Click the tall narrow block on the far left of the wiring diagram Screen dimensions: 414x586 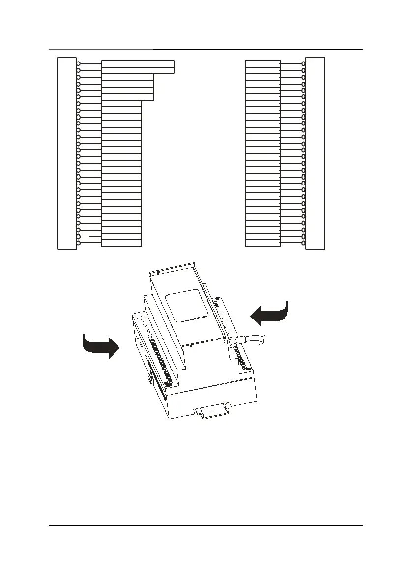click(67, 154)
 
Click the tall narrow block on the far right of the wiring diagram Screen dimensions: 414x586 click(315, 154)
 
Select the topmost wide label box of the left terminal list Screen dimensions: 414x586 click(138, 63)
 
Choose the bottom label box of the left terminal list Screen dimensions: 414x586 click(121, 243)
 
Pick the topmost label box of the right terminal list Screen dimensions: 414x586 click(263, 63)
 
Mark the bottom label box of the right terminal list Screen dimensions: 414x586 click(263, 243)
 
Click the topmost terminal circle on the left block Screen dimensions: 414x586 click(79, 63)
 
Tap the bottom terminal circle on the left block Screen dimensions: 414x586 click(79, 243)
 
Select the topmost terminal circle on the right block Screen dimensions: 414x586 click(304, 63)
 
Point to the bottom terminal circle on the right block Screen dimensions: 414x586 click(304, 243)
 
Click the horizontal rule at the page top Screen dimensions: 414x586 click(207, 50)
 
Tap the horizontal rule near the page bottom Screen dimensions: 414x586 click(207, 526)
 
